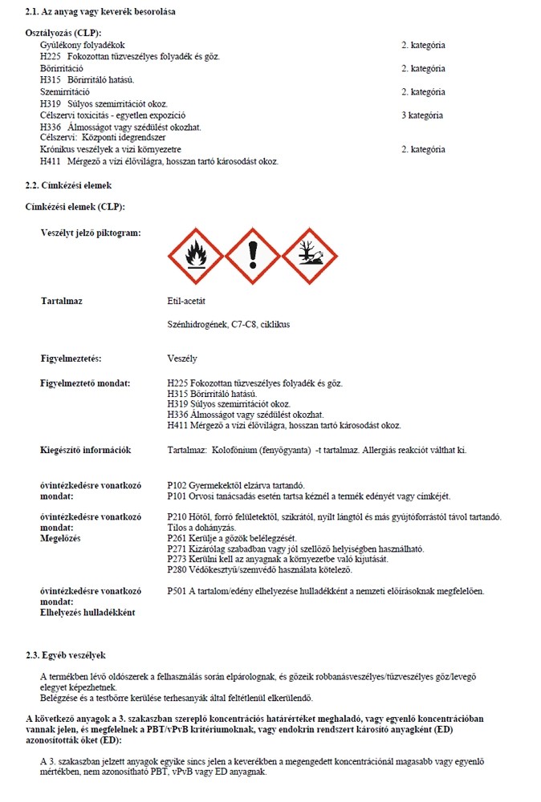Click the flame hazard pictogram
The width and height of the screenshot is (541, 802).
click(194, 256)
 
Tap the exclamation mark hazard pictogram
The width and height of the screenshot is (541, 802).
click(252, 256)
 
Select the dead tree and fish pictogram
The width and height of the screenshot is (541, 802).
click(309, 256)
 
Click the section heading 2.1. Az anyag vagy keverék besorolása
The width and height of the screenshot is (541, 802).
click(101, 12)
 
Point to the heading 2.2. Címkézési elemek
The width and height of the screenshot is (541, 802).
click(68, 184)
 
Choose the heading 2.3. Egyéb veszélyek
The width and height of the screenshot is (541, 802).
click(66, 655)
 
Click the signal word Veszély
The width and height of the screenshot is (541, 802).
click(182, 358)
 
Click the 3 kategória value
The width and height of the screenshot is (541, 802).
click(422, 115)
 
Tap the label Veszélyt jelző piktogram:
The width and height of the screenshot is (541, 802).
click(91, 233)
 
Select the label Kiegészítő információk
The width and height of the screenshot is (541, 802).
click(86, 450)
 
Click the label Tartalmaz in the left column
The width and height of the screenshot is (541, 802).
click(62, 301)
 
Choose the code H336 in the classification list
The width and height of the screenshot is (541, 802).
click(51, 127)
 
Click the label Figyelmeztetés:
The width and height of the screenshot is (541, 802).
click(77, 358)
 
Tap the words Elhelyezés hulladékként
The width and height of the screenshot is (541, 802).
click(87, 612)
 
